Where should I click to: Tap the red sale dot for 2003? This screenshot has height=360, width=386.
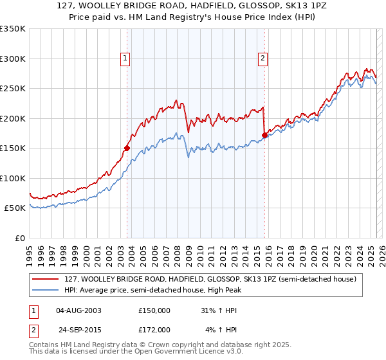[127, 148]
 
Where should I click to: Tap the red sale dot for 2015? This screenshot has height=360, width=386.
[264, 135]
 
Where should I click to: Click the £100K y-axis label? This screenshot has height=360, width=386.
[13, 178]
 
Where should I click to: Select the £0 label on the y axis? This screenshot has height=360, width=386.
[19, 238]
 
